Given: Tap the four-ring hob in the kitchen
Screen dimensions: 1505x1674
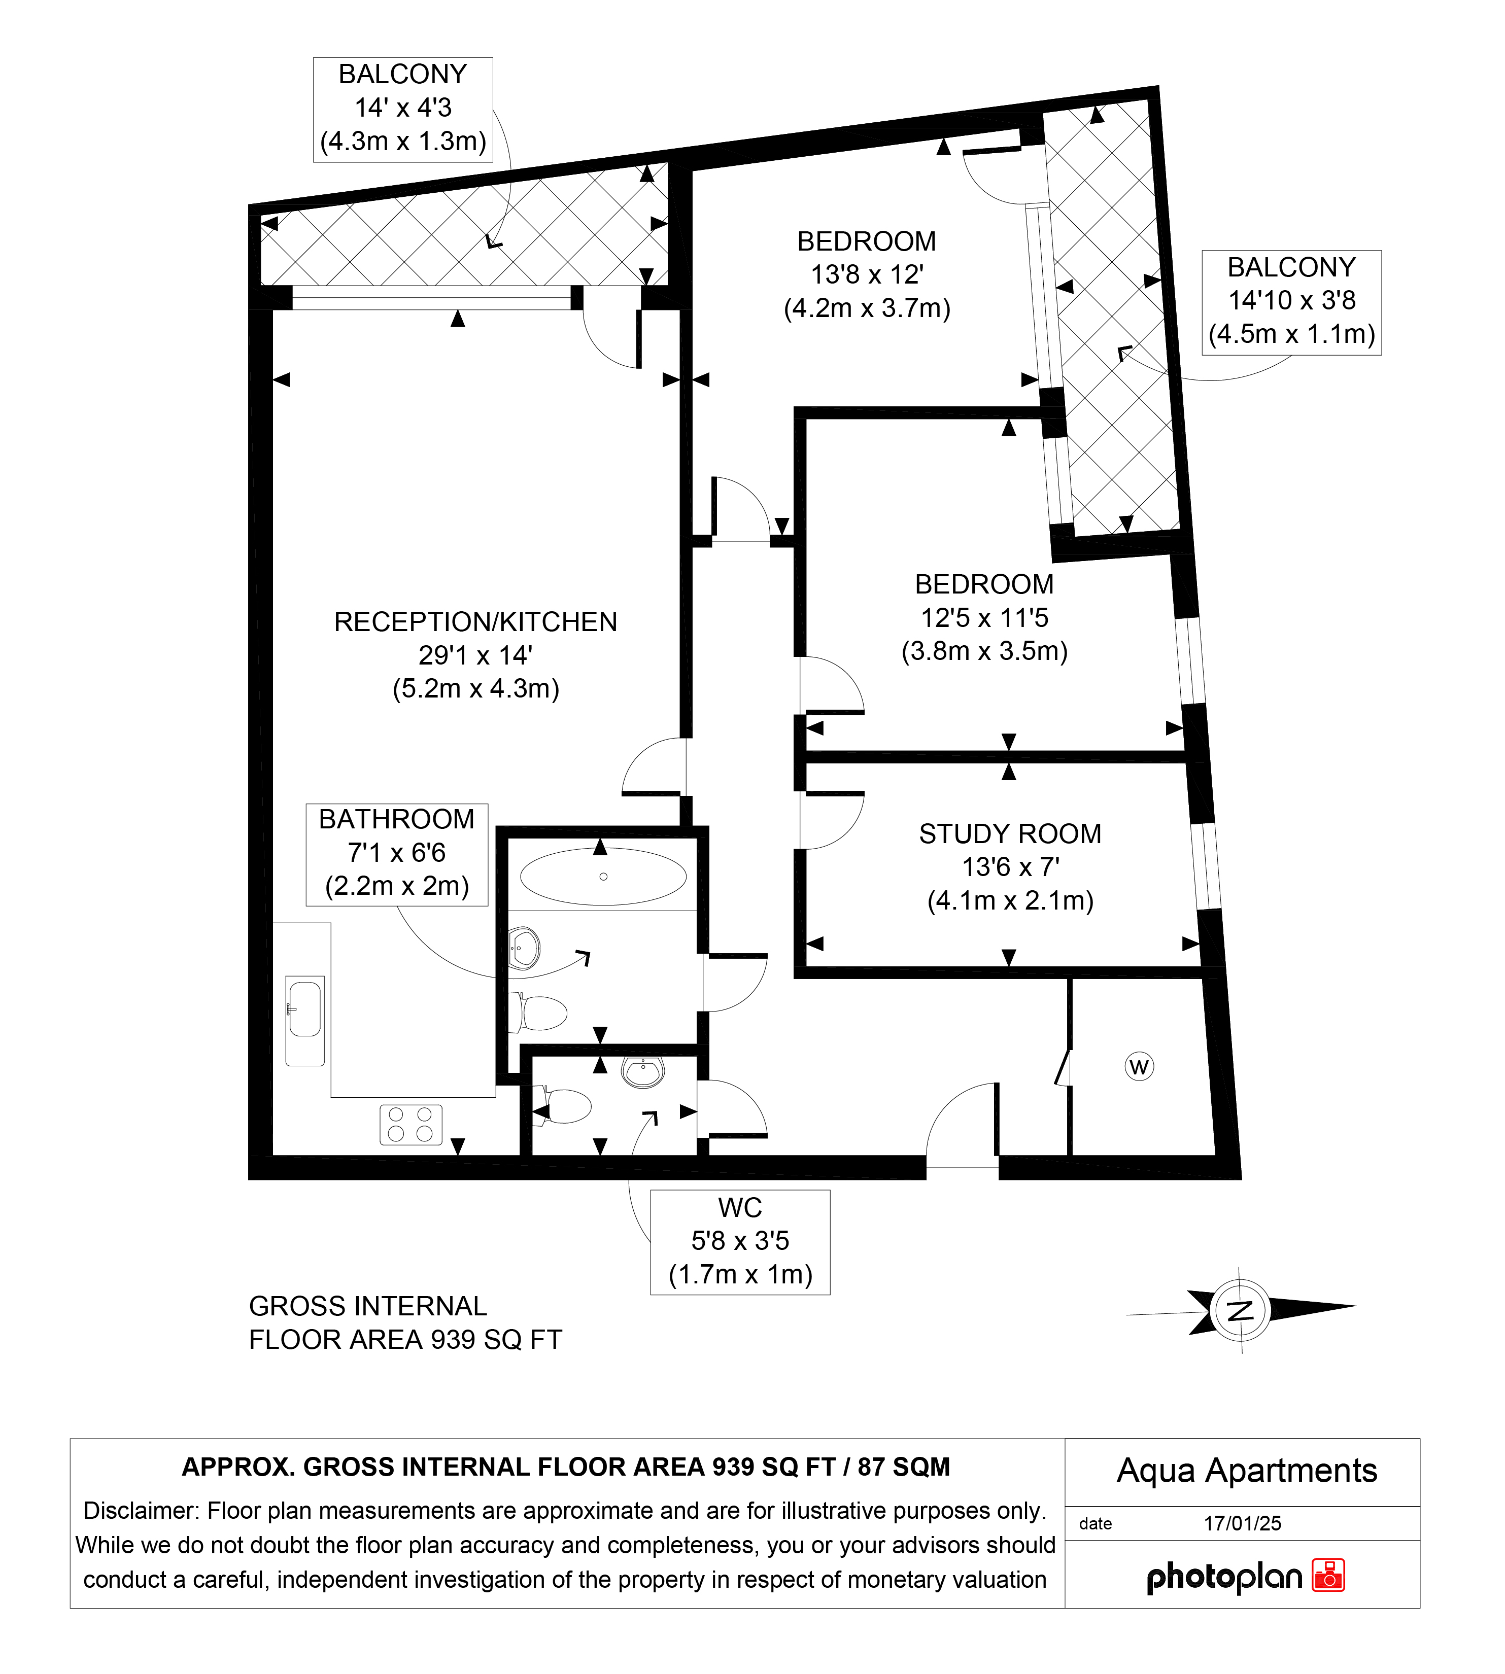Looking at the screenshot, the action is [411, 1125].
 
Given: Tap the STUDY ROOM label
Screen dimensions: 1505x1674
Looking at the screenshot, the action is [1010, 833].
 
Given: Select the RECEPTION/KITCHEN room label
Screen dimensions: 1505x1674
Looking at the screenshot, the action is [475, 621].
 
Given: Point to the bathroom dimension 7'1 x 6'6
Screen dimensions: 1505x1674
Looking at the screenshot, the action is [397, 852].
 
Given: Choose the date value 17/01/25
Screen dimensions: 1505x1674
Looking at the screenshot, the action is [1242, 1523].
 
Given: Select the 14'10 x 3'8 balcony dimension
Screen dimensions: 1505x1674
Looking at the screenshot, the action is [1292, 300].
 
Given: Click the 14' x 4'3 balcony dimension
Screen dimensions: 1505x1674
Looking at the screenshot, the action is [403, 108].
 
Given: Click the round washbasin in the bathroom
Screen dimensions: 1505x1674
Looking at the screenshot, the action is [524, 948].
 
